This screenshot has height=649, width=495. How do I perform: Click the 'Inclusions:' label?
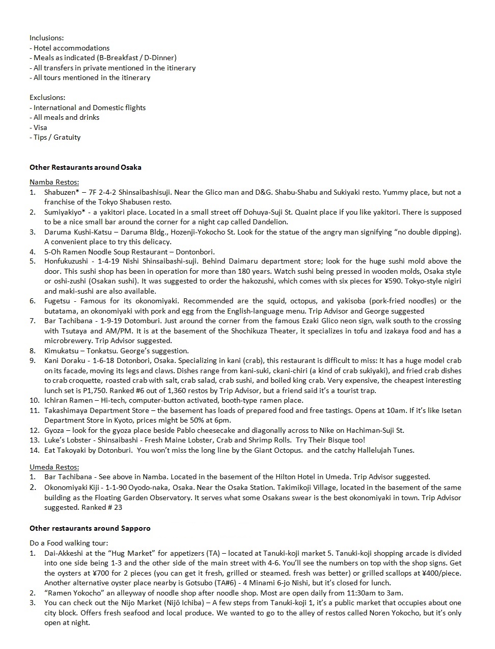47,38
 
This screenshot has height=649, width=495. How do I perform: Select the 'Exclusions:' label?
47,98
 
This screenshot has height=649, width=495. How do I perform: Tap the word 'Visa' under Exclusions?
40,127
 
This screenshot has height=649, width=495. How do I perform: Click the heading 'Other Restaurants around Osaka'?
86,167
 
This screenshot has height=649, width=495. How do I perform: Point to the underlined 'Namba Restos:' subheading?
54,182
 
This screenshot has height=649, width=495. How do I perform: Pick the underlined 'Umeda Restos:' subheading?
54,467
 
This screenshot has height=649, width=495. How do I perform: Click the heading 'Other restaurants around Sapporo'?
90,528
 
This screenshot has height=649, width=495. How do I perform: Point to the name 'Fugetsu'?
58,301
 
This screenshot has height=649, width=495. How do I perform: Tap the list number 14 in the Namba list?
34,450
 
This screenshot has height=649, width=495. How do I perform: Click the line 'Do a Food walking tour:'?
69,543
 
